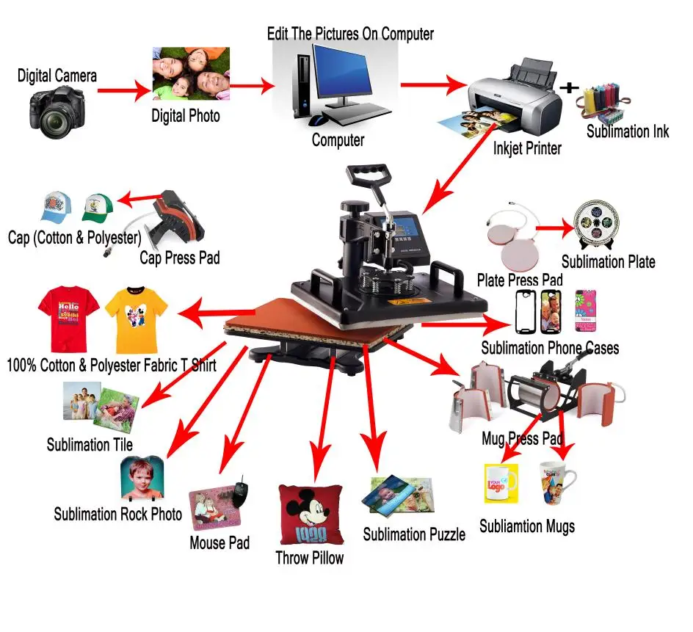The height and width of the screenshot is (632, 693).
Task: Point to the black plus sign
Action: [x=570, y=87]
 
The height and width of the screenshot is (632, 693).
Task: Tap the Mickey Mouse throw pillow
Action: [x=309, y=514]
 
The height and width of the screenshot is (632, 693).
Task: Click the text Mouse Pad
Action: [x=219, y=543]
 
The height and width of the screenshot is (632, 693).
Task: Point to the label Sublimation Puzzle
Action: [x=414, y=534]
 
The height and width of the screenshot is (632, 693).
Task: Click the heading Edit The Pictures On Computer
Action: [x=350, y=34]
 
